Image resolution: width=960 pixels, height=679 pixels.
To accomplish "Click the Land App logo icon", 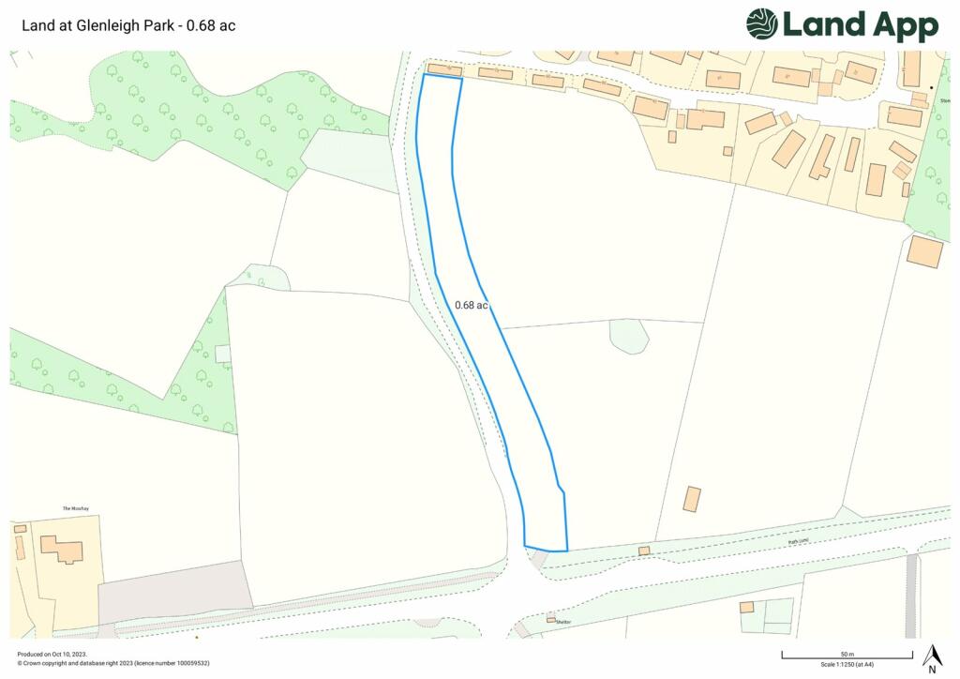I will click(762, 24).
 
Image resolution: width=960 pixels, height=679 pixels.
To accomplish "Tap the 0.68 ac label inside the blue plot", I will click(472, 305).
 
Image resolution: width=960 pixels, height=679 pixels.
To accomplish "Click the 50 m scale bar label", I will click(847, 653).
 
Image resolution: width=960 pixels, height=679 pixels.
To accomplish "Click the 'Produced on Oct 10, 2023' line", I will click(47, 655).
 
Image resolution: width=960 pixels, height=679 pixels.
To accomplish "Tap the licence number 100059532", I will click(187, 663).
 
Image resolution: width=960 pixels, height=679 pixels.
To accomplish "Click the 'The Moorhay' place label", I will click(74, 508).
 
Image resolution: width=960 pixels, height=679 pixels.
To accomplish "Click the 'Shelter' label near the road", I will click(563, 621).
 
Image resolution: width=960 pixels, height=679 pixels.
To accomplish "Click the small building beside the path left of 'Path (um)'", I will click(644, 551).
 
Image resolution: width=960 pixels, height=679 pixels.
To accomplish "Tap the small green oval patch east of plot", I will click(628, 336).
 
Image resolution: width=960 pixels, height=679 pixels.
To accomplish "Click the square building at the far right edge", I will click(925, 250).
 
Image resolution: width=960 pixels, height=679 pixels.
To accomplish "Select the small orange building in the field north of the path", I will click(692, 499).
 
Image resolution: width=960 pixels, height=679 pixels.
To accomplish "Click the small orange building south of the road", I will click(746, 608).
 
